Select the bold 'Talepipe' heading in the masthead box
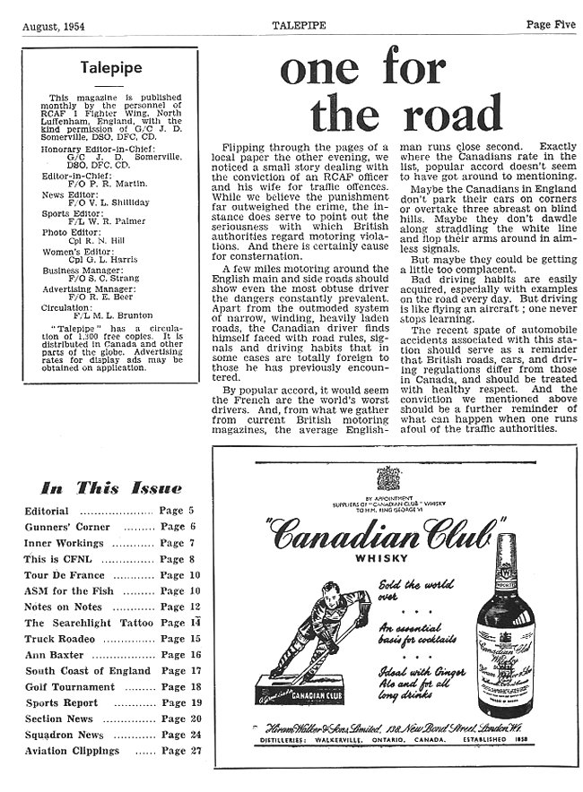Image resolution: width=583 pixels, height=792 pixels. [x=109, y=67]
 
